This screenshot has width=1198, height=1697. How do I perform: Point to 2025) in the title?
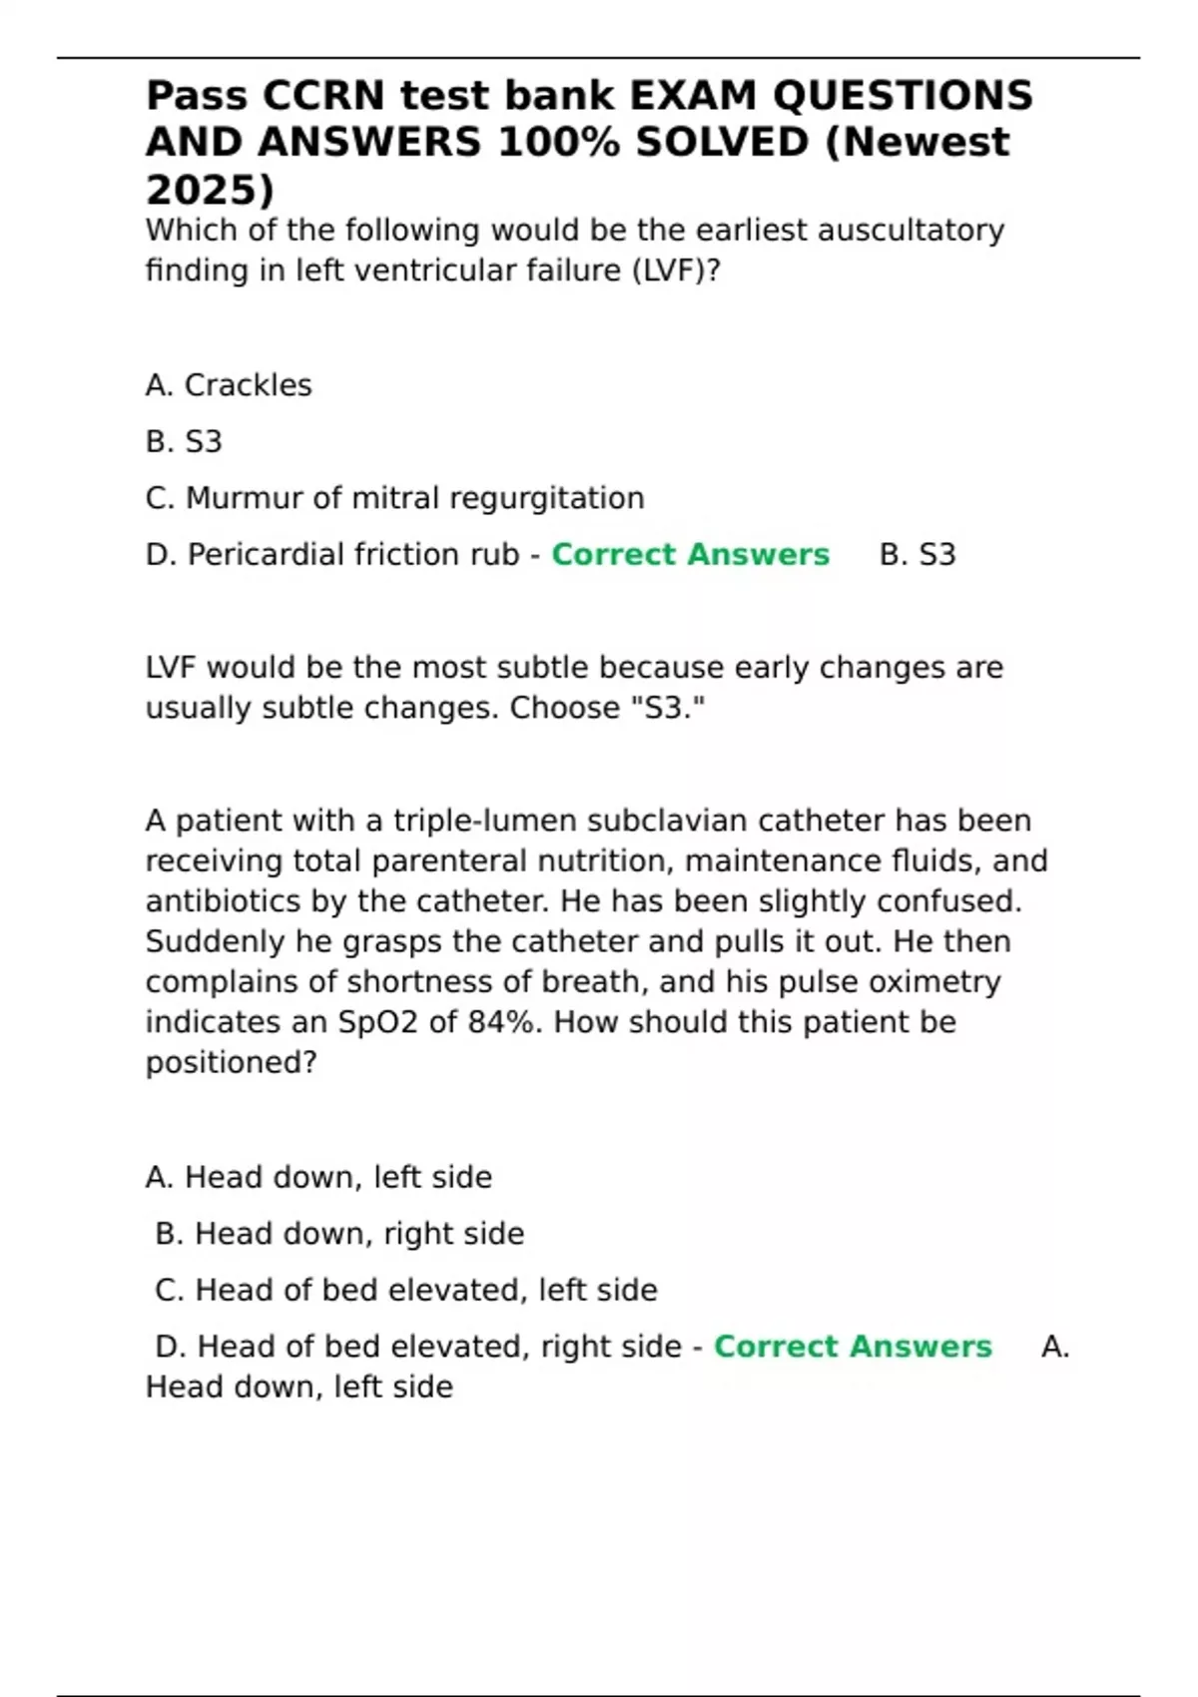[x=210, y=190]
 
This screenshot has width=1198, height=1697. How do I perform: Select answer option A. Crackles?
[x=229, y=385]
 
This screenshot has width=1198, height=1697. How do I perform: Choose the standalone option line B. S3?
[x=184, y=441]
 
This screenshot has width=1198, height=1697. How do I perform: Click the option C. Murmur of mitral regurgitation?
[x=394, y=498]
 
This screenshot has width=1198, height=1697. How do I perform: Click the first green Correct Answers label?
[x=690, y=555]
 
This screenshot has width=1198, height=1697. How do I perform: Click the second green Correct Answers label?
[x=853, y=1347]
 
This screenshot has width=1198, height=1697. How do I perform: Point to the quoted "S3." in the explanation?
[x=675, y=708]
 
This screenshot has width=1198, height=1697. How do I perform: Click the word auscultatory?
[x=910, y=231]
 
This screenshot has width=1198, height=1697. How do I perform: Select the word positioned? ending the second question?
[x=231, y=1062]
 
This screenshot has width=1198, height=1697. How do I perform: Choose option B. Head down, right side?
[x=339, y=1234]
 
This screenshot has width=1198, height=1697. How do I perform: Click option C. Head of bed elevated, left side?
[x=406, y=1291]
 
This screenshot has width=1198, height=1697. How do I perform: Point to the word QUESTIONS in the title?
[x=902, y=96]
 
